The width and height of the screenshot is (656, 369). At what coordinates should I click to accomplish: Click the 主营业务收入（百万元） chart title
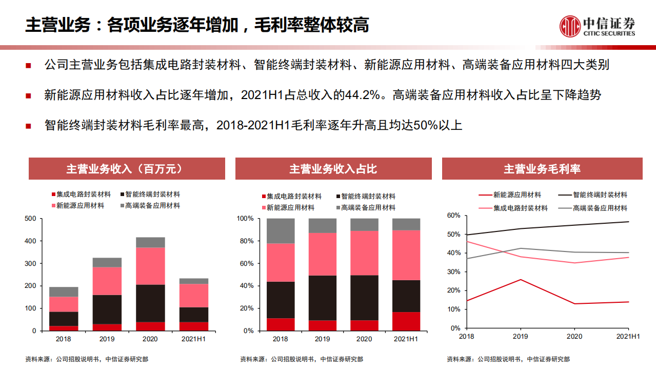[x=126, y=169]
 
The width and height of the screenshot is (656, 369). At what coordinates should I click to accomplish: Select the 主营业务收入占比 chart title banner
[x=333, y=169]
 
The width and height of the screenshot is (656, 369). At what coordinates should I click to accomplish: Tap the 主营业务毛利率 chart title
[x=542, y=169]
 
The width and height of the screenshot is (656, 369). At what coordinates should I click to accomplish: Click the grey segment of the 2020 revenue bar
[x=150, y=242]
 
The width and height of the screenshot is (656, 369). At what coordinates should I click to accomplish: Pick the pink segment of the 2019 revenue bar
[x=107, y=281]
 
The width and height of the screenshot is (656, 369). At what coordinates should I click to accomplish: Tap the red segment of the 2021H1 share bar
[x=406, y=321]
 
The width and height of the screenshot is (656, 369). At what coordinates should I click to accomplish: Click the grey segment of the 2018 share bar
[x=281, y=231]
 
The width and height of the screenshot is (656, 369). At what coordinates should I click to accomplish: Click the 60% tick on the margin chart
[x=453, y=216]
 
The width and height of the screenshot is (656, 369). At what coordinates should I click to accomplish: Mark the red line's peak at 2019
[x=521, y=280]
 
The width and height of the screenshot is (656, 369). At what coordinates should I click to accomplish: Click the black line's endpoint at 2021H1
[x=628, y=222]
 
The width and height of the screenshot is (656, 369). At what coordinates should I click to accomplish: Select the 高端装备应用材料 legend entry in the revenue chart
[x=152, y=206]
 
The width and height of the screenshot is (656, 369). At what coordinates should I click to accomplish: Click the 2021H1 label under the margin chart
[x=628, y=336]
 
